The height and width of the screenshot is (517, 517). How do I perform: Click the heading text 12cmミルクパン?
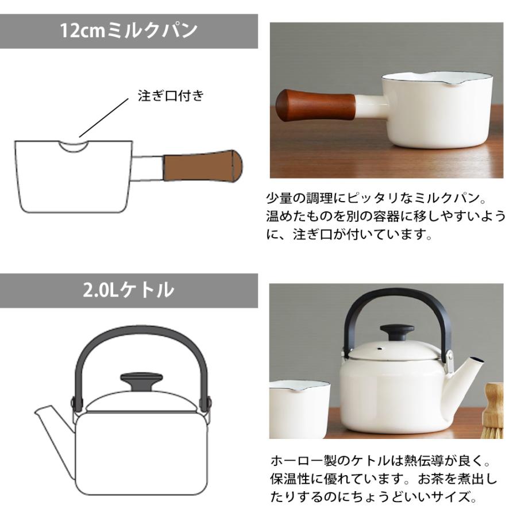[129, 30]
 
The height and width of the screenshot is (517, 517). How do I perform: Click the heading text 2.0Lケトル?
[129, 290]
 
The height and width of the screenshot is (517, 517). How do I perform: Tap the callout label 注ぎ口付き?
[171, 96]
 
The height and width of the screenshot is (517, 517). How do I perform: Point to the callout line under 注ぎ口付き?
[104, 118]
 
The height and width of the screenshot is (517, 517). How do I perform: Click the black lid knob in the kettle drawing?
[141, 381]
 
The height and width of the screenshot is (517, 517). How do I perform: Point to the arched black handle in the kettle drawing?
[141, 336]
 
